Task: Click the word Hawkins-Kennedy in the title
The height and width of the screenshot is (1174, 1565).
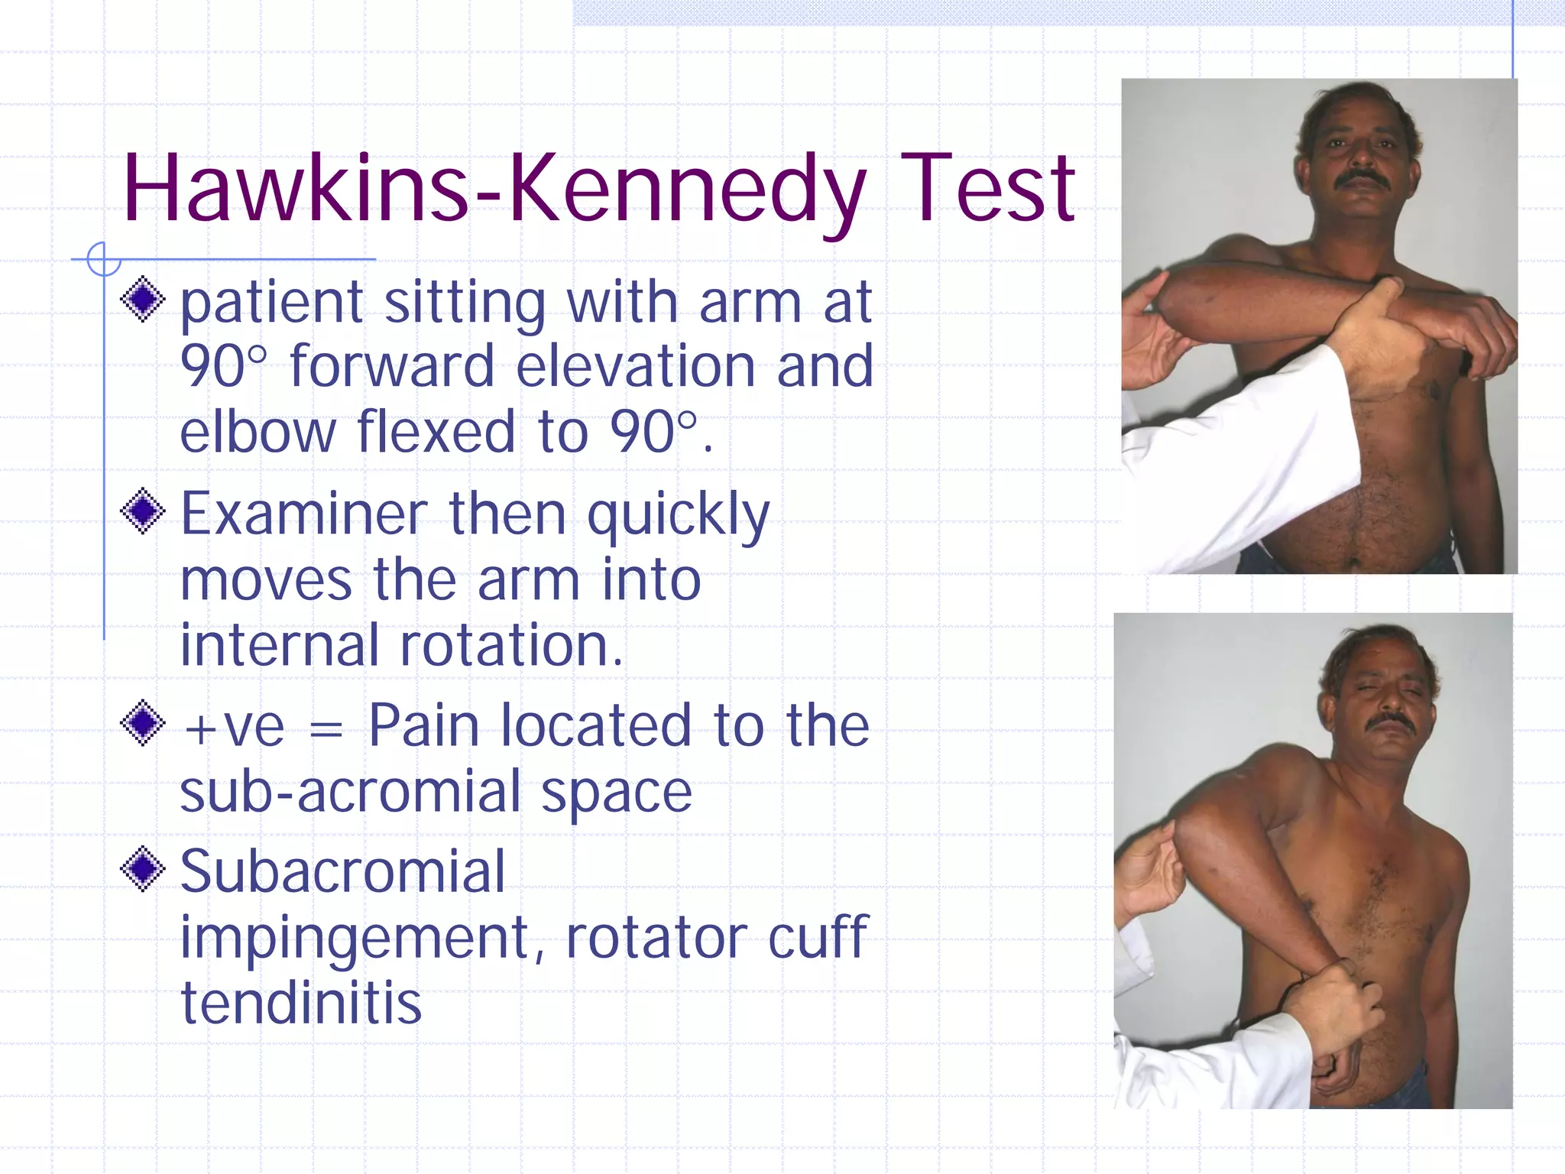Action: tap(493, 190)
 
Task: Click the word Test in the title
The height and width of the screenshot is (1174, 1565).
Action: tap(987, 190)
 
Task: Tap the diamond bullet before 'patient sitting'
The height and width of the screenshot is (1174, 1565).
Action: tap(143, 299)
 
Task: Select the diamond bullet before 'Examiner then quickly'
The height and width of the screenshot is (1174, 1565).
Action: tap(143, 511)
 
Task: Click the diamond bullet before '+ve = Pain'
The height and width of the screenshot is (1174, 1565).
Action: tap(143, 722)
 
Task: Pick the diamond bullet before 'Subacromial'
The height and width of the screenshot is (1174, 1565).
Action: tap(143, 869)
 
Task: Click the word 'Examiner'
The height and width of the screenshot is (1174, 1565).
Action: tap(303, 514)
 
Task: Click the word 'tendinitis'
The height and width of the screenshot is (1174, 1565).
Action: tap(300, 1002)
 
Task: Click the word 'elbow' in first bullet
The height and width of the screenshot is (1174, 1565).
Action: tap(258, 432)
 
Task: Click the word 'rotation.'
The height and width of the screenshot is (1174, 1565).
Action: tap(511, 646)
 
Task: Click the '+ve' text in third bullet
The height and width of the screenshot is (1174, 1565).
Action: tap(234, 727)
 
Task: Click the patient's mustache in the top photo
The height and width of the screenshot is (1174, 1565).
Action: tap(1362, 180)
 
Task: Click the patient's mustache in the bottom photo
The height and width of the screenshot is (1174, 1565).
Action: tap(1390, 722)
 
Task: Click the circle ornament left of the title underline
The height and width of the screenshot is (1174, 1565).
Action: tap(103, 259)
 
